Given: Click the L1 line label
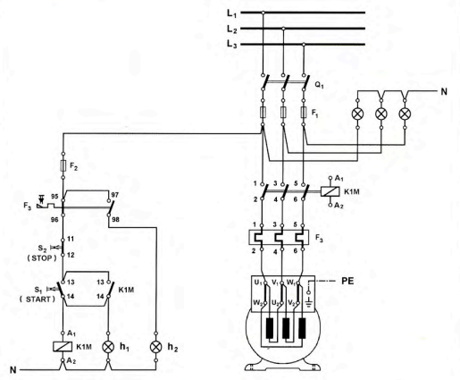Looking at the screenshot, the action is pos(231,13).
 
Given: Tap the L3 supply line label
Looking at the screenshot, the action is pos(231,45).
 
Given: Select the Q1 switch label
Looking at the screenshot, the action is pos(319,85).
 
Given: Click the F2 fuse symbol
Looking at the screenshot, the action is pos(63,165).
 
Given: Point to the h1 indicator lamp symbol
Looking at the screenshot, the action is pos(108,347).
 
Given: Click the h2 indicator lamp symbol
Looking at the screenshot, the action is pos(156,347).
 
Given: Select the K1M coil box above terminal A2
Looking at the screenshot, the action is pos(63,346).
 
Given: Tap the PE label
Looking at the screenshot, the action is pos(347,281).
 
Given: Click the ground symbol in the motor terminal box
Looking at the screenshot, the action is pos(308,302).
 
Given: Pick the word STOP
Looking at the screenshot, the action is pos(42,258).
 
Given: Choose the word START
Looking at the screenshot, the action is pos(38,299).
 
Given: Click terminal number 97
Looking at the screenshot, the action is pos(115,195).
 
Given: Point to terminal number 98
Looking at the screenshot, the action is pos(115,220).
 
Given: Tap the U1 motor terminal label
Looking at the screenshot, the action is pos(257,282).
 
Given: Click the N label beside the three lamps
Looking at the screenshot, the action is pos(444,91).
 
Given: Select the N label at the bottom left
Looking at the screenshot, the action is pos(13,370).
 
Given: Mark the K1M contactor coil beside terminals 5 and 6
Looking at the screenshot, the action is pos(330,191).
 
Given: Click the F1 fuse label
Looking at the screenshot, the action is pos(314,113).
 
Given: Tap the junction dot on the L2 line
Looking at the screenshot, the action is pos(283,29).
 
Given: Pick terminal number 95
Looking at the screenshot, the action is pos(54,197).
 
